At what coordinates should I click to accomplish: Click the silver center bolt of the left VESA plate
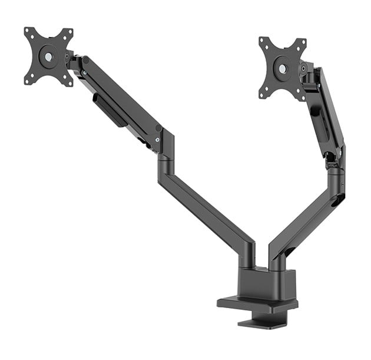[48, 56]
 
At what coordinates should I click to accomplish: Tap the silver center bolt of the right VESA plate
[282, 68]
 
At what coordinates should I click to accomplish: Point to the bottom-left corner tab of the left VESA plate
[28, 80]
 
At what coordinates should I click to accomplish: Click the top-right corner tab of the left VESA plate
[68, 32]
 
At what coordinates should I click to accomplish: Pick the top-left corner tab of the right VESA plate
[263, 42]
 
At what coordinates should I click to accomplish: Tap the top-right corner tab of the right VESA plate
[302, 42]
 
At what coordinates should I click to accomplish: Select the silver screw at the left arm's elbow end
[157, 139]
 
